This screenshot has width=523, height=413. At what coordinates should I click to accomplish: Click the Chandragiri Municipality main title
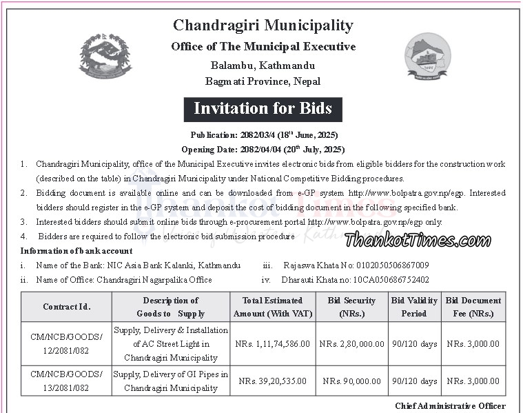click(x=263, y=26)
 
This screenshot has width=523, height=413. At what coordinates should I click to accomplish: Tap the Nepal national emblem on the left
click(x=105, y=55)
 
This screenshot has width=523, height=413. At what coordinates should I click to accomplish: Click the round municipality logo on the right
click(x=427, y=58)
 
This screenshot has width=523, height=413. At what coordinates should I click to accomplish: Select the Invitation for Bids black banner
click(x=263, y=108)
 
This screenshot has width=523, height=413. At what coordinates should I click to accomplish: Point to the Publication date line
click(x=263, y=134)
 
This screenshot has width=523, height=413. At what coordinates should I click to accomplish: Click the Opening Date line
click(x=263, y=149)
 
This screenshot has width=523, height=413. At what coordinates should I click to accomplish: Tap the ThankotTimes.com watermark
click(x=418, y=240)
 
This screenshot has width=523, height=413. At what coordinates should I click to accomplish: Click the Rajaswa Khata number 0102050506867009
click(x=386, y=265)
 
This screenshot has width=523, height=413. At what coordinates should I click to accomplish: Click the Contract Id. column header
click(x=66, y=307)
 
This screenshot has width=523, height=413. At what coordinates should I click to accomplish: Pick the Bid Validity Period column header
click(x=413, y=307)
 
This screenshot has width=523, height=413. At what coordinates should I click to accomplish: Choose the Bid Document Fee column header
click(x=473, y=307)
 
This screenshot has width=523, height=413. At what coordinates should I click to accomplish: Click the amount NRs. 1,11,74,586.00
click(x=273, y=343)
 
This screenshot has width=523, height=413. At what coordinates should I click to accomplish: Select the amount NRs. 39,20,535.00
click(x=273, y=381)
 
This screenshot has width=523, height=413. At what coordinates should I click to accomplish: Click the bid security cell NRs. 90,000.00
click(x=351, y=381)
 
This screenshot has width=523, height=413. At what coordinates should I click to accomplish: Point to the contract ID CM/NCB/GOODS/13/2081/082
click(x=66, y=381)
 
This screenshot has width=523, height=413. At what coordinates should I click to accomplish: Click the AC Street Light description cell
click(x=171, y=343)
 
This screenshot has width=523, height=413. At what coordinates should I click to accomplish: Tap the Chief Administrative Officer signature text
click(x=450, y=406)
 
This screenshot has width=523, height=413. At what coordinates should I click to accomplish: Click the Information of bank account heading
click(x=76, y=250)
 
